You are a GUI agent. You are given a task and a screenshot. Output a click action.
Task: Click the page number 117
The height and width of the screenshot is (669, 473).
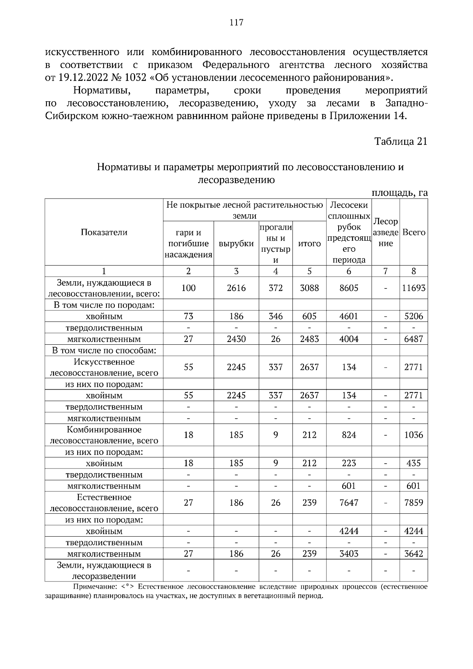[236, 22]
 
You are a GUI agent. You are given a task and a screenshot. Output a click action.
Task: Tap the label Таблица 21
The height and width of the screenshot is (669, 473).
[400, 141]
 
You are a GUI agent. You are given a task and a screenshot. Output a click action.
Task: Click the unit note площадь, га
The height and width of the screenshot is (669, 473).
[399, 193]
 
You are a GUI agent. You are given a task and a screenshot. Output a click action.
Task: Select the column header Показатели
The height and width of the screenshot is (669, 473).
[104, 232]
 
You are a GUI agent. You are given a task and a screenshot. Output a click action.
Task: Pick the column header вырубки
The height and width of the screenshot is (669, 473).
[236, 243]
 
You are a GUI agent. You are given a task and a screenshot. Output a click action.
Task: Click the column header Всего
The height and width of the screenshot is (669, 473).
[413, 232]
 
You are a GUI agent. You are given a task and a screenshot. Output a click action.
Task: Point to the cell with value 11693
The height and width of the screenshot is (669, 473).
[413, 288]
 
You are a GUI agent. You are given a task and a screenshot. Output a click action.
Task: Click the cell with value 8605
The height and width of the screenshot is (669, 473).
[349, 288]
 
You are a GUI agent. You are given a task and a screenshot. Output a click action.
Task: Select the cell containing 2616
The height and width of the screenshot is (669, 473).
[236, 288]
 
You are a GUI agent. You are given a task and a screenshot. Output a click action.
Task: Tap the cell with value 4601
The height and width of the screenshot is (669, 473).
[349, 316]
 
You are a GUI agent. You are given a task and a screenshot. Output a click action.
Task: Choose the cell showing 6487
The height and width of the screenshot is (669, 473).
[413, 339]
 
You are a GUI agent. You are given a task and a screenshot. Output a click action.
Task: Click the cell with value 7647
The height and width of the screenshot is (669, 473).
[349, 503]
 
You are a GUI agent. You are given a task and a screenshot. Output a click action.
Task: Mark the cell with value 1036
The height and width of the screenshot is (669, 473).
[413, 435]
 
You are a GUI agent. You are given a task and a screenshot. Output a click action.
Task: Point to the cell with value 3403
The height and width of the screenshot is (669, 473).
[349, 554]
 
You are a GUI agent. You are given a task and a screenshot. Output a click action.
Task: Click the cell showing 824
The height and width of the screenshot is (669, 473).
[349, 435]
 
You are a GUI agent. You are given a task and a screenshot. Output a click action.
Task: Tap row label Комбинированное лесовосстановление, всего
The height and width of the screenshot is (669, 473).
[104, 435]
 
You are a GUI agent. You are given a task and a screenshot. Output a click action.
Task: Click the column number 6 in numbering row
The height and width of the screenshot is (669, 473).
[349, 271]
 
